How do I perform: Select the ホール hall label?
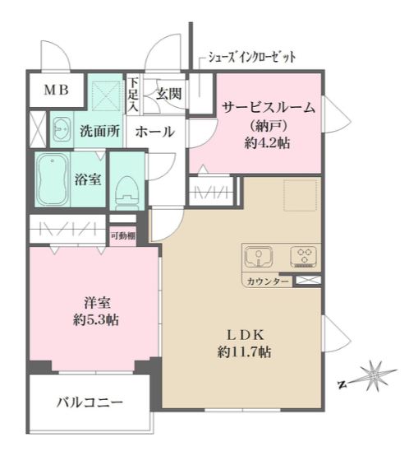[x=154, y=130]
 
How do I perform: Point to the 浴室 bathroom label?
[x=89, y=177]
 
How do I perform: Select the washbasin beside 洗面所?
[x=59, y=129]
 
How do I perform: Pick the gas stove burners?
[x=303, y=257]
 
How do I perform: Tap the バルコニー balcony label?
[x=90, y=402]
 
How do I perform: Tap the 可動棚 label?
[x=124, y=235]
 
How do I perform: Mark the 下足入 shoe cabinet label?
[x=133, y=95]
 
